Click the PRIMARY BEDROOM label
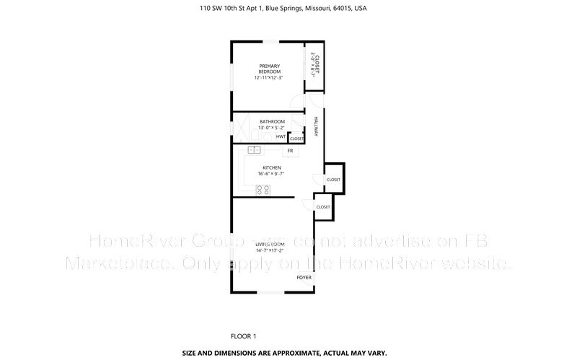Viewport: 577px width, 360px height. point(268,69)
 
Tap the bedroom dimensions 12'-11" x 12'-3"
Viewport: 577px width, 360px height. point(268,77)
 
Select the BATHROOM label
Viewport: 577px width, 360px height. point(272,121)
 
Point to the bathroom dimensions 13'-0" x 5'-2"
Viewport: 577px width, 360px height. point(272,128)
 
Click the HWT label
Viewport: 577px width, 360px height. point(280,136)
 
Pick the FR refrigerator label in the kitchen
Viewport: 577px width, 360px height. point(289,151)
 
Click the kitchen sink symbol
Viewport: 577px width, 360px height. point(254,150)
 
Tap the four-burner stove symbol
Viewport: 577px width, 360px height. point(263,190)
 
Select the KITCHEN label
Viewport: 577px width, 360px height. point(271,168)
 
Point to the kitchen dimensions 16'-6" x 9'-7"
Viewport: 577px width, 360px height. point(271,174)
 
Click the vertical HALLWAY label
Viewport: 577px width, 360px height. point(315,128)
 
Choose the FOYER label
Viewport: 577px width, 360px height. point(304,276)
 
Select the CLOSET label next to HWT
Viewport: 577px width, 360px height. point(296,139)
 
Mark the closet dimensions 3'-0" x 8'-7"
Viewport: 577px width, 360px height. point(312,64)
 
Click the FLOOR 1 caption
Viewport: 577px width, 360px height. point(243,336)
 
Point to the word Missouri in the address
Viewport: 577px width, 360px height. point(318,9)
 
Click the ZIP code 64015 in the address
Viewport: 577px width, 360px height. point(343,9)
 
